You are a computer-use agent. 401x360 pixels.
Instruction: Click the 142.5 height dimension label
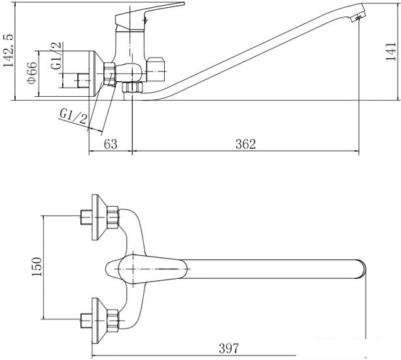9,50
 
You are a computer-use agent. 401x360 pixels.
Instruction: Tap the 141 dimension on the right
391,52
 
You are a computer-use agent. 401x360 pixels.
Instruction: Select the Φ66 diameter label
33,73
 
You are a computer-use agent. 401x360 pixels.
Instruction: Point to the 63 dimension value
111,144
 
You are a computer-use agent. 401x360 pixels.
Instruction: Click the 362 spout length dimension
245,144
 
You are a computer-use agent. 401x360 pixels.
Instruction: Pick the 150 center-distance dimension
37,267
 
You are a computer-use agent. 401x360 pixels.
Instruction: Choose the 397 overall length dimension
228,348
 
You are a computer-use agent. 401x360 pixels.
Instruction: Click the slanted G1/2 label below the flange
73,117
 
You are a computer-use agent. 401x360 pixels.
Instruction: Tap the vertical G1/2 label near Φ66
56,56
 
